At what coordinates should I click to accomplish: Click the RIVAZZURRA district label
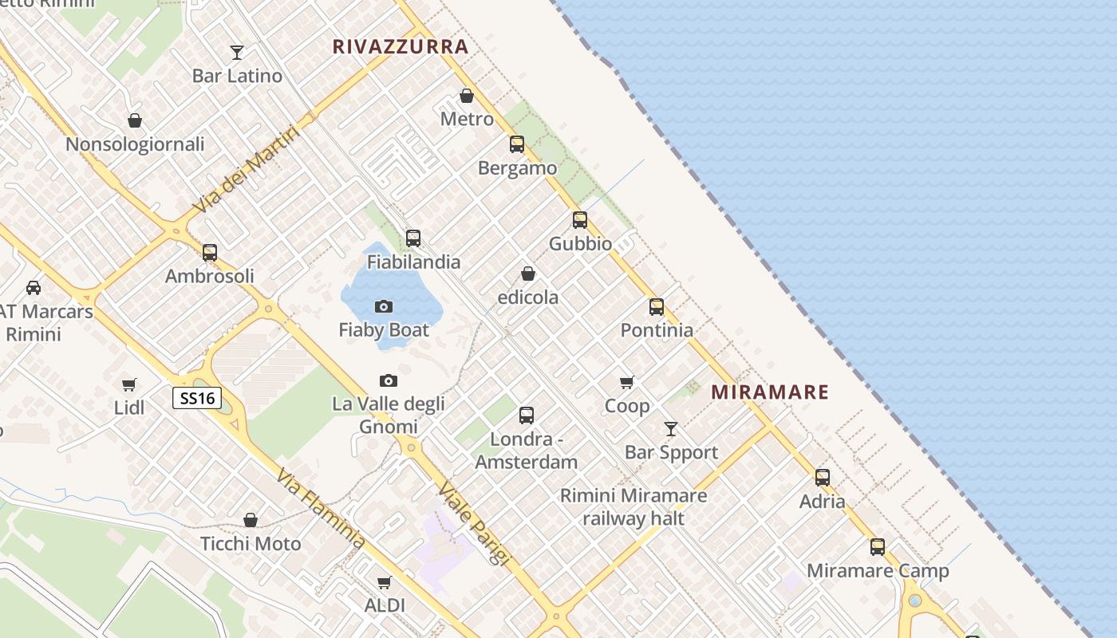pyautogui.click(x=401, y=47)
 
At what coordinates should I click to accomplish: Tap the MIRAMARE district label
pyautogui.click(x=770, y=392)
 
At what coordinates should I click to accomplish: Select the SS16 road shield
pyautogui.click(x=197, y=398)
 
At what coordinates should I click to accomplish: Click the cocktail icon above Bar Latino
pyautogui.click(x=237, y=53)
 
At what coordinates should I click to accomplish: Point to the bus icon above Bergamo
pyautogui.click(x=517, y=144)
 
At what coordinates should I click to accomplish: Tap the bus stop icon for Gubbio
pyautogui.click(x=580, y=220)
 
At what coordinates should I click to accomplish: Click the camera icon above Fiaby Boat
pyautogui.click(x=384, y=306)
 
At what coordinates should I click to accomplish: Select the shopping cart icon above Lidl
pyautogui.click(x=129, y=384)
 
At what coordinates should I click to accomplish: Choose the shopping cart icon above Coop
pyautogui.click(x=627, y=383)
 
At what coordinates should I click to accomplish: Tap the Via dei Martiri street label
pyautogui.click(x=247, y=170)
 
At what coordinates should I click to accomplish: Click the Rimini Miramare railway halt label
pyautogui.click(x=633, y=507)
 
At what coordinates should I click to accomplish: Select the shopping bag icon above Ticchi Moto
pyautogui.click(x=251, y=520)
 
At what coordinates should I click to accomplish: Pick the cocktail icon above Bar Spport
pyautogui.click(x=671, y=429)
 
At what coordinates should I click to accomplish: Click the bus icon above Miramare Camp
pyautogui.click(x=878, y=547)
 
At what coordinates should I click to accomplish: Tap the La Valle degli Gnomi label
pyautogui.click(x=389, y=415)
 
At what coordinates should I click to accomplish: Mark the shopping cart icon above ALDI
pyautogui.click(x=385, y=582)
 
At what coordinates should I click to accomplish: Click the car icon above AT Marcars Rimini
pyautogui.click(x=34, y=288)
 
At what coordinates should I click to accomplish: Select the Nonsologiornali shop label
pyautogui.click(x=135, y=144)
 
